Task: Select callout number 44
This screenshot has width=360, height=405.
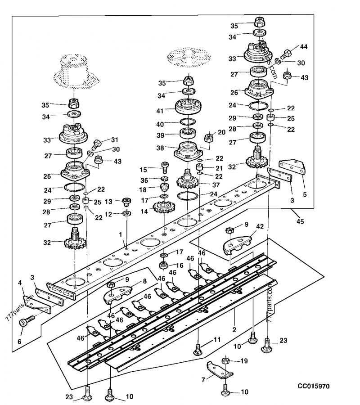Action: tap(304, 47)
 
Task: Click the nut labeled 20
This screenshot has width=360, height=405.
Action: tap(209, 137)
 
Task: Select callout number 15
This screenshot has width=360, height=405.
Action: tap(144, 170)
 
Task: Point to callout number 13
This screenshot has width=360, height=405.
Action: tap(108, 201)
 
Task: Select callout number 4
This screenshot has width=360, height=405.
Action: tap(19, 283)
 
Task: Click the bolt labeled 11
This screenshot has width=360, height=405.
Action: tap(198, 348)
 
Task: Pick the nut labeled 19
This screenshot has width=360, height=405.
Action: tap(227, 360)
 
